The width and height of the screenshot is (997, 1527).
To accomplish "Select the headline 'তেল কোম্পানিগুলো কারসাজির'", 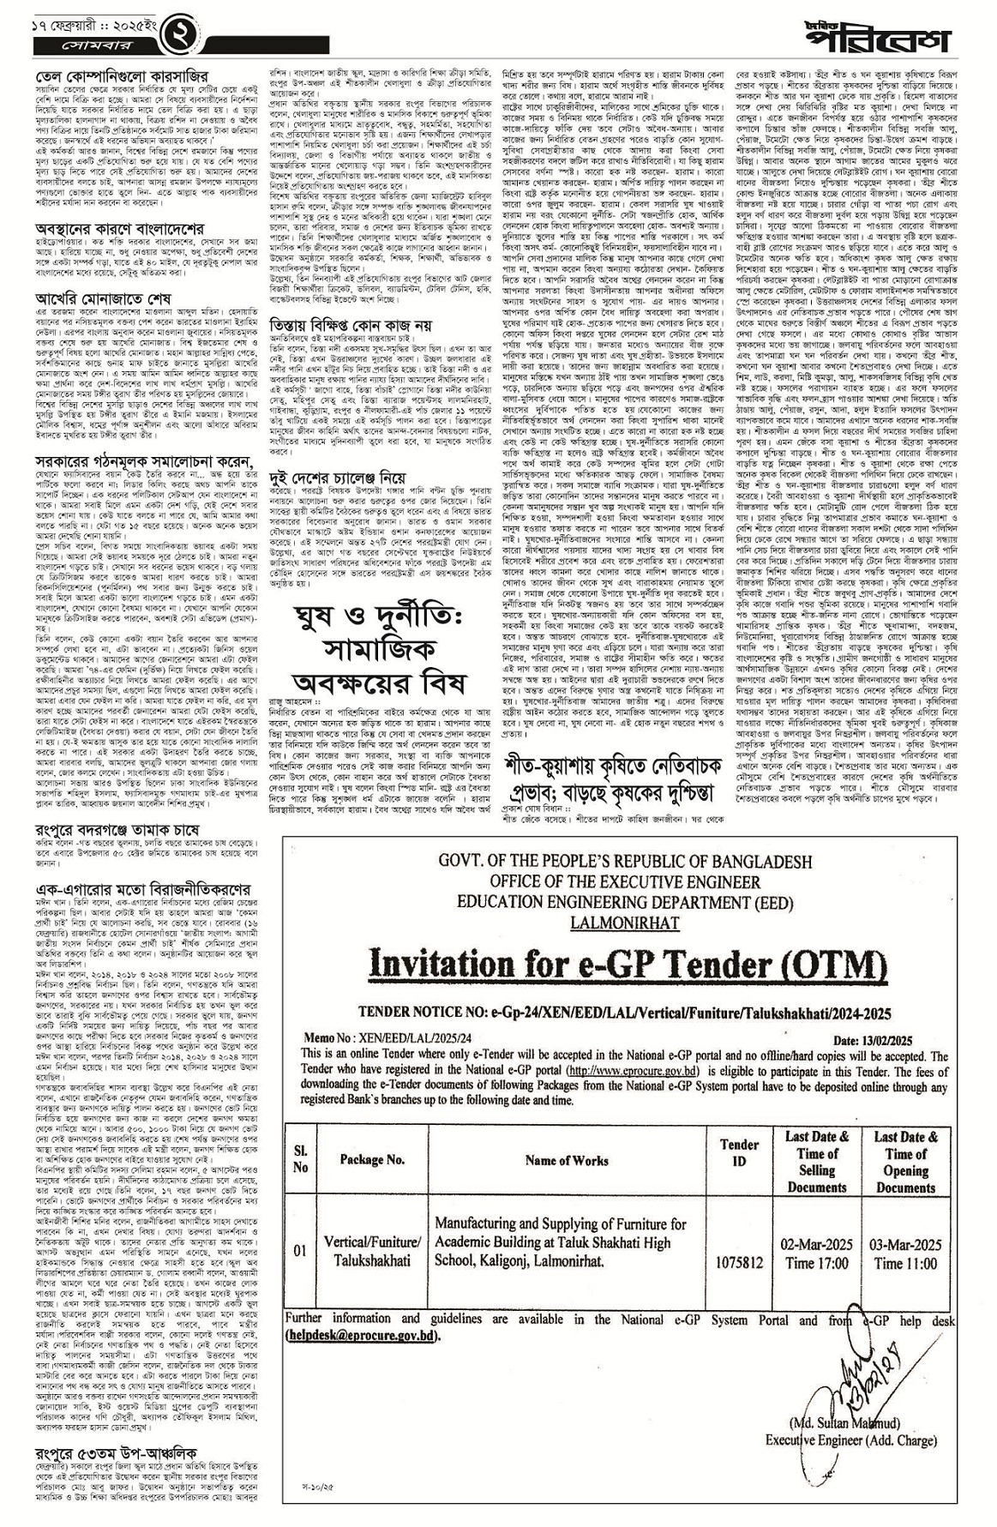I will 123,62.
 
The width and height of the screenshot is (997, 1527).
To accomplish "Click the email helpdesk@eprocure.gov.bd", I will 363,1336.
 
